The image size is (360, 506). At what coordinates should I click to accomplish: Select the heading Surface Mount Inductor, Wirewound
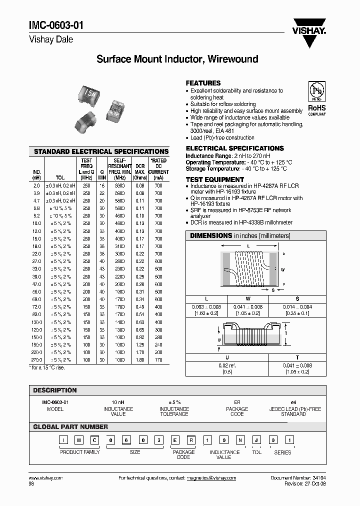pos(177,59)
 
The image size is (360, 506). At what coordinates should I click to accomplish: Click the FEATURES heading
pos(203,83)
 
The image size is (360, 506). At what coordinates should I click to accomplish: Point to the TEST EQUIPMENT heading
pos(215,179)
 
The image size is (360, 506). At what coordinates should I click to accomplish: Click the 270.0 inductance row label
pos(36,360)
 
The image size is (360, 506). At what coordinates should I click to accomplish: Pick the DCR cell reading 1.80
pos(140,360)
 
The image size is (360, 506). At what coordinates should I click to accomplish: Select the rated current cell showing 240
pos(158,344)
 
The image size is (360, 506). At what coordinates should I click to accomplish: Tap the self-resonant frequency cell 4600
pos(119,216)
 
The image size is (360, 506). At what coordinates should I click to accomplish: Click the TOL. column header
pos(60,177)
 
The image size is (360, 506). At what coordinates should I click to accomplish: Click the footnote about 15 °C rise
pos(47,367)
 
